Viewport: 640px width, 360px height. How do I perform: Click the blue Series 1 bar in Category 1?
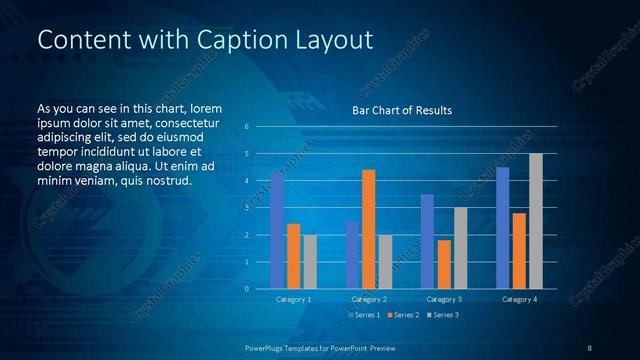point(277,231)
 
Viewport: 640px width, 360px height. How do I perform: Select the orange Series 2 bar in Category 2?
point(368,229)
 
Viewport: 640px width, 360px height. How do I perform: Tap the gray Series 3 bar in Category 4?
point(535,221)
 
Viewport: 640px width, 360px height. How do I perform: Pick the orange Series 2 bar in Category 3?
point(444,264)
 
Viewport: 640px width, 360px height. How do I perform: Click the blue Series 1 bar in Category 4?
point(502,228)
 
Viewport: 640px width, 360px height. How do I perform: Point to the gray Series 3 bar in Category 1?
point(310,262)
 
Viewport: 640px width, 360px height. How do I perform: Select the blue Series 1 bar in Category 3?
point(427,241)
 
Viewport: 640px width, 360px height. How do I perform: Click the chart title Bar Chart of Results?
point(402,110)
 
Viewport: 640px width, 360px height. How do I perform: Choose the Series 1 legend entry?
point(363,315)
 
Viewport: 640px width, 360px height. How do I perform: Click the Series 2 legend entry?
point(402,315)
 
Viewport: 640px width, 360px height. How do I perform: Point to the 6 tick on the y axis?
point(246,127)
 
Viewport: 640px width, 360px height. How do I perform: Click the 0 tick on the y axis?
point(246,289)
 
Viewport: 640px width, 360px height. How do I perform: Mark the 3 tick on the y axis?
point(246,208)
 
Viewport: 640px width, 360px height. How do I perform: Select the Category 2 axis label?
point(368,299)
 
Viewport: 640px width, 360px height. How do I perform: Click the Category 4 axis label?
point(518,299)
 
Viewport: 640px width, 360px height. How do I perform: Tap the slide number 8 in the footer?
point(589,347)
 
